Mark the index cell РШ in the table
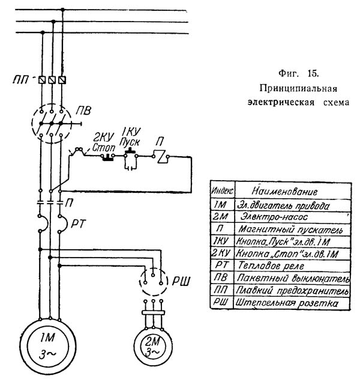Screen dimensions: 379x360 (221, 304)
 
